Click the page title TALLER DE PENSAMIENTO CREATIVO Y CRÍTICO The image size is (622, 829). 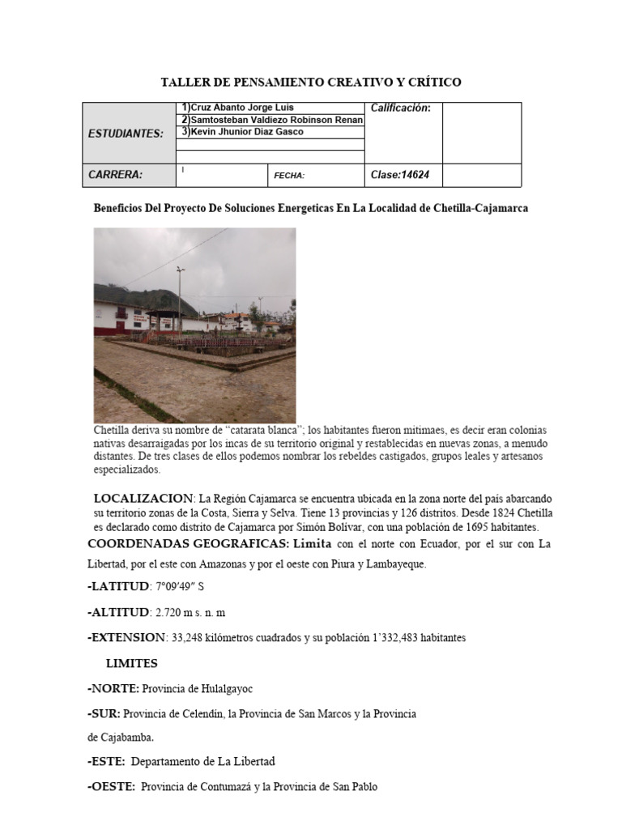point(311,83)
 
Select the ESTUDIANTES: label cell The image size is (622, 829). point(126,134)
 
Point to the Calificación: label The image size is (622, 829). point(400,108)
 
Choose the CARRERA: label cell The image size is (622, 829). point(115,174)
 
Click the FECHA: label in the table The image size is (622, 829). point(289,175)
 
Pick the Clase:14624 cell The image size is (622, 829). point(400,174)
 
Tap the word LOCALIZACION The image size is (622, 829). point(143,498)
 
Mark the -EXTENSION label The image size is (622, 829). point(126,638)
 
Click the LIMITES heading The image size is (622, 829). point(132,664)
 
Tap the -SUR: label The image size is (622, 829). point(104,713)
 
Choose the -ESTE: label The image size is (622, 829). point(106,761)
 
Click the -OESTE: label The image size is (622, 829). point(112,786)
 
